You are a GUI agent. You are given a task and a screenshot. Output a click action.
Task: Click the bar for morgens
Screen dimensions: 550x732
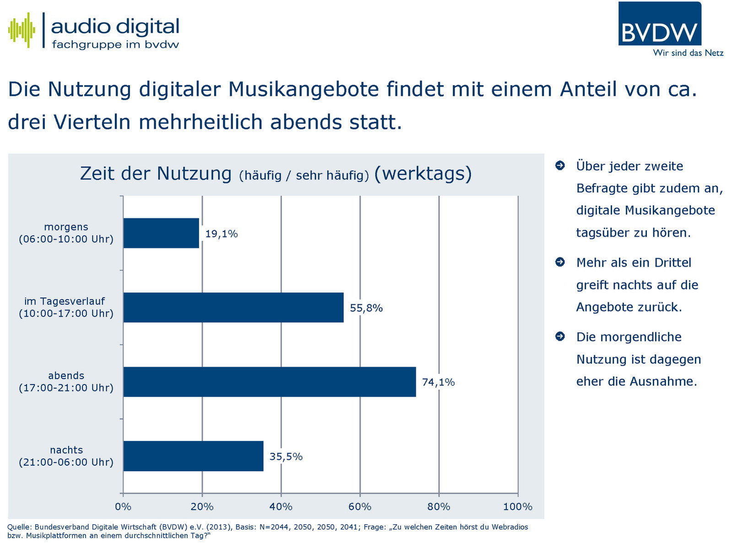161,233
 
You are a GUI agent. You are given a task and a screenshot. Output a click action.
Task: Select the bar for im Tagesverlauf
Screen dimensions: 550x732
233,308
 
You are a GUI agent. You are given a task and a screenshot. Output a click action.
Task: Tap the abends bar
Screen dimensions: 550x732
270,382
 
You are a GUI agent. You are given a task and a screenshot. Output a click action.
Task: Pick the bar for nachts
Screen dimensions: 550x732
193,456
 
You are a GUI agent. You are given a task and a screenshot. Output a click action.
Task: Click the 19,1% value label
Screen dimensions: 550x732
222,234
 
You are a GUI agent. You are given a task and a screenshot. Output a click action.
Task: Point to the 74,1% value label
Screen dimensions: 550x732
438,382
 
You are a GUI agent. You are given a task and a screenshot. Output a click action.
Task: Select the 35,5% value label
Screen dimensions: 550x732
286,456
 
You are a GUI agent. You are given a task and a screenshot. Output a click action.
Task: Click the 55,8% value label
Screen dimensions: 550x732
366,308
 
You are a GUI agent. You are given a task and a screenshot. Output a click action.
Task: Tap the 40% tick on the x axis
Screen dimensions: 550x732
281,507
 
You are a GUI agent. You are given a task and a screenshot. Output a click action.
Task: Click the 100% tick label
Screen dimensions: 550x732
518,507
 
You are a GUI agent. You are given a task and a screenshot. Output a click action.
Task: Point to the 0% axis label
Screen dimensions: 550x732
123,507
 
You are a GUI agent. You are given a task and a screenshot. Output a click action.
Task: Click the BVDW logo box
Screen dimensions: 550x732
659,24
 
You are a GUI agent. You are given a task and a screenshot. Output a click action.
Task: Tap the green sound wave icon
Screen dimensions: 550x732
22,30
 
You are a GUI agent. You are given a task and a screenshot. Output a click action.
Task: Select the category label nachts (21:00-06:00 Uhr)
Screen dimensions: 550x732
66,456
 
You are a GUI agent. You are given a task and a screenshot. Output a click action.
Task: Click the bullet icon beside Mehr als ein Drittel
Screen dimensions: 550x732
560,262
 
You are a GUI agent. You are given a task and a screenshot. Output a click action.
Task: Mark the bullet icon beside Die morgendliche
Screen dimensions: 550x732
560,337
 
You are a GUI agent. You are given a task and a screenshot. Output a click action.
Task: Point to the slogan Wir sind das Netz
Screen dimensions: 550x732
688,53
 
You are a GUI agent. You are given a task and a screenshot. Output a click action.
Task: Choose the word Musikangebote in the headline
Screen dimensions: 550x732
304,89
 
